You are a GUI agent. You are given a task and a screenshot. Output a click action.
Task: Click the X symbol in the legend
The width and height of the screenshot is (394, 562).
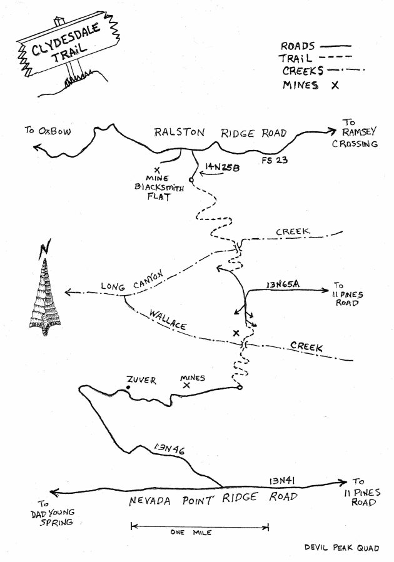point(335,86)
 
